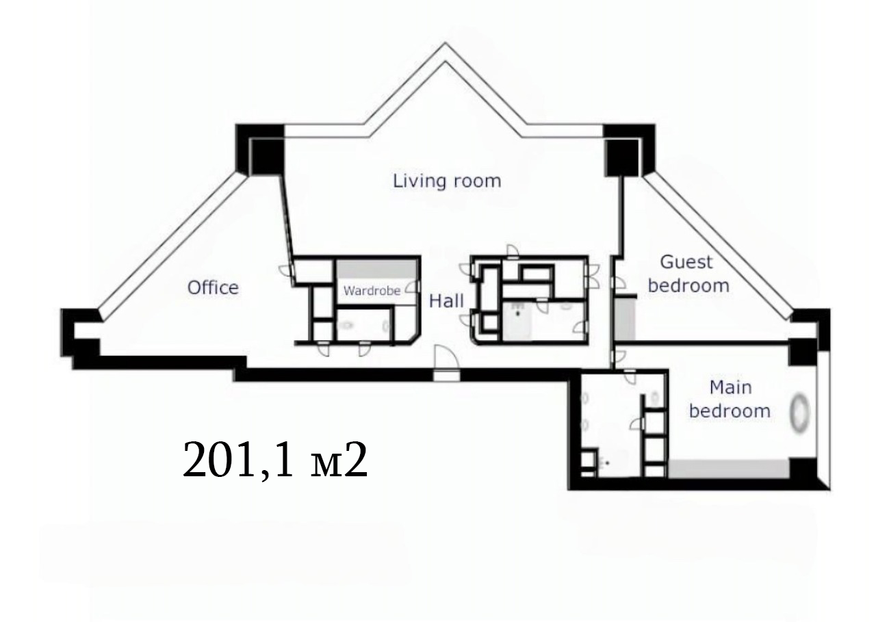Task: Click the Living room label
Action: (447, 181)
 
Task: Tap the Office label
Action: (213, 288)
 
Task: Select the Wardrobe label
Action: (372, 291)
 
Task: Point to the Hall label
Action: (446, 300)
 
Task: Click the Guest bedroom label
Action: (688, 274)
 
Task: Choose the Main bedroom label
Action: (730, 399)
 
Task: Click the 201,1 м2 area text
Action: (275, 460)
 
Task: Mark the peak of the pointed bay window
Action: (445, 43)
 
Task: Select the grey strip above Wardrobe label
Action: (377, 269)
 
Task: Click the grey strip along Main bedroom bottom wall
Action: (728, 469)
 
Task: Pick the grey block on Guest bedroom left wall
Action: (625, 319)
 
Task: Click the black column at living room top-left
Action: (266, 157)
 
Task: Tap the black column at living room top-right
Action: (622, 157)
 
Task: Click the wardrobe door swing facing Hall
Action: (411, 288)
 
